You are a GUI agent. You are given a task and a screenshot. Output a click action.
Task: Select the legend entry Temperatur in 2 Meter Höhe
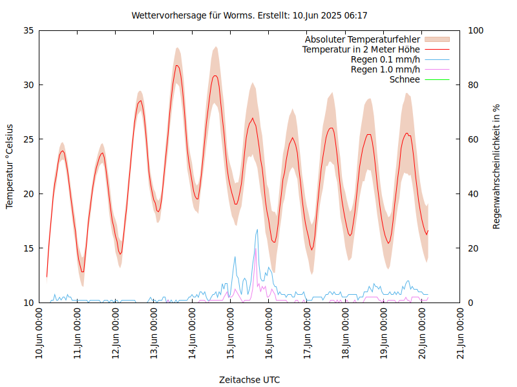[361, 49]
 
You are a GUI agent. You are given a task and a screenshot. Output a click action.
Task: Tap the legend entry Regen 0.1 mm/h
[385, 59]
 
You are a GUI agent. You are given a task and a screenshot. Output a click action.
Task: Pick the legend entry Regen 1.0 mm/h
[385, 69]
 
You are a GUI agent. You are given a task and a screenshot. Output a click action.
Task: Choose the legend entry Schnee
[405, 79]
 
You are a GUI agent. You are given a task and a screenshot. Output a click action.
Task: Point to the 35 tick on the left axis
[29, 30]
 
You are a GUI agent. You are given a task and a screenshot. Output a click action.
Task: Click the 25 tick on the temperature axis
[29, 139]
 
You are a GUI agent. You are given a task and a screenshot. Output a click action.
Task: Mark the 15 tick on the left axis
[29, 248]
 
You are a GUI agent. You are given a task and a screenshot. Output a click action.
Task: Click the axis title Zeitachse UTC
[249, 379]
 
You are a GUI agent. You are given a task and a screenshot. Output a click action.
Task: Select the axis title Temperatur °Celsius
[10, 166]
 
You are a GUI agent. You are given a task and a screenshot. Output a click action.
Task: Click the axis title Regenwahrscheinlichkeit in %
[497, 166]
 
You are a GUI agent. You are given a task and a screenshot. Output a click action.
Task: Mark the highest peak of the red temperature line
[176, 65]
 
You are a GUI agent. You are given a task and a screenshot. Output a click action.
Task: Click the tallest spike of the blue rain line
[257, 230]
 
